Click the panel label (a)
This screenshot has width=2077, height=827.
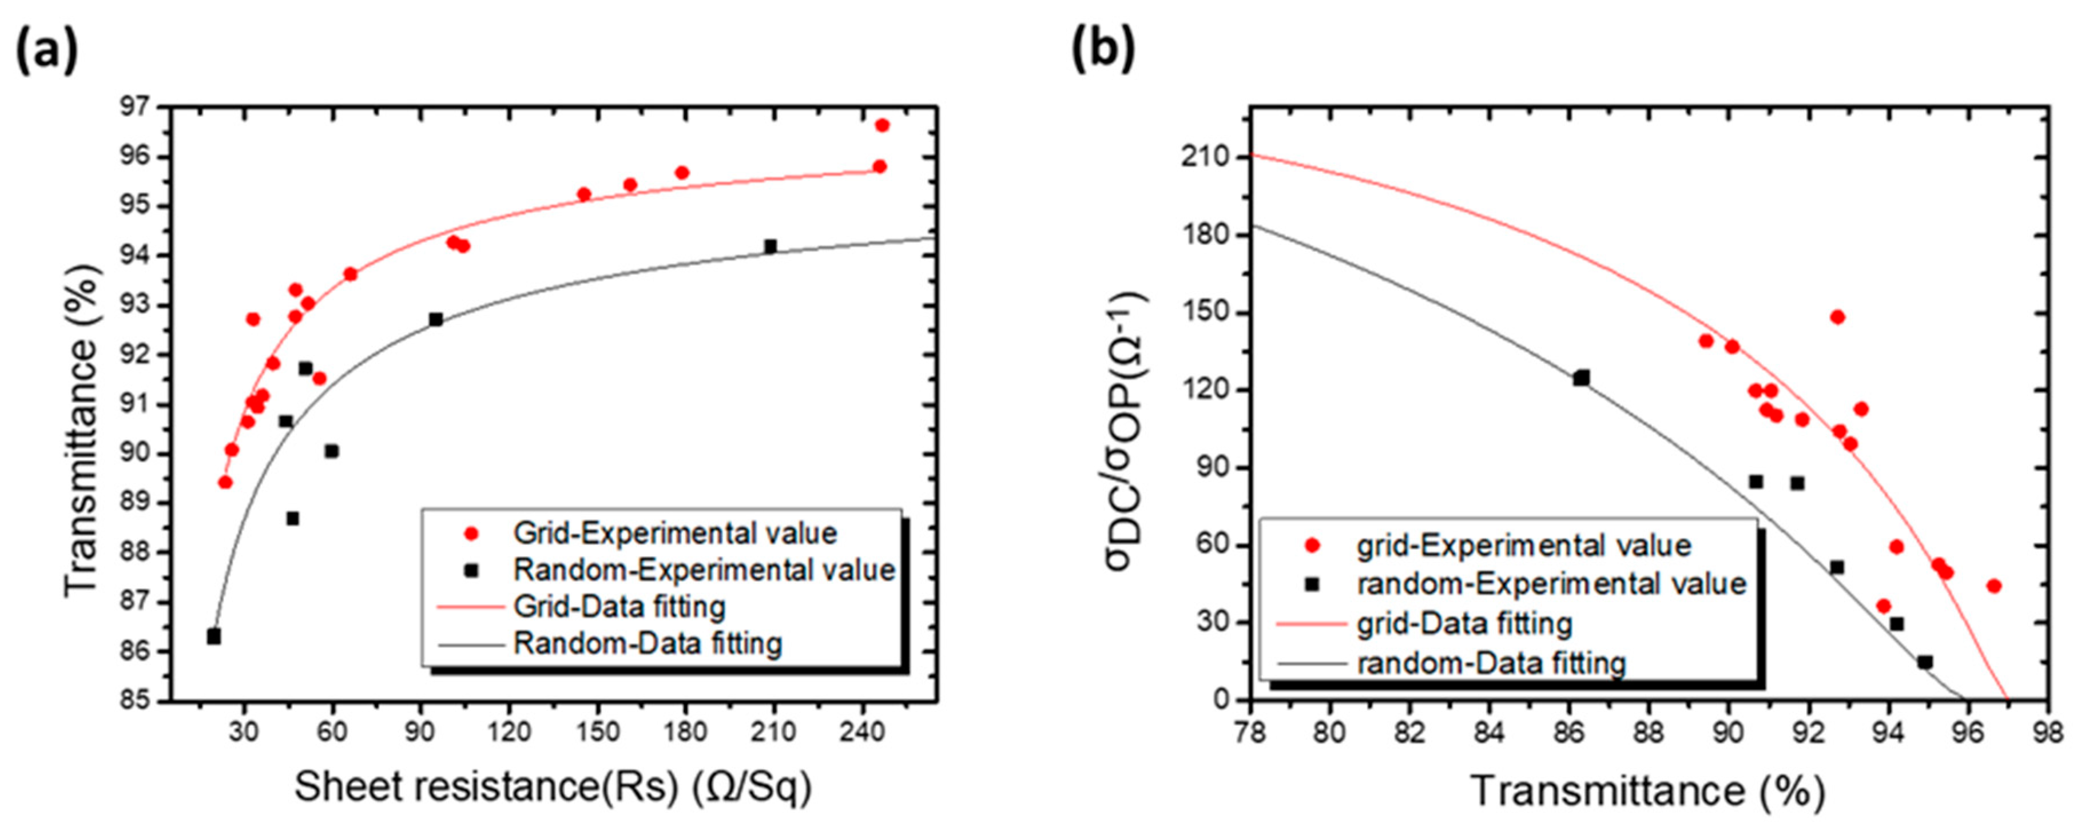pos(47,50)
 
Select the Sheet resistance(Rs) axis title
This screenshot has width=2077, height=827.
pos(553,787)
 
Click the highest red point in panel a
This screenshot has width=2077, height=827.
pos(882,125)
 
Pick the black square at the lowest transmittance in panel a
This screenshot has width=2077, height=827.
pos(214,637)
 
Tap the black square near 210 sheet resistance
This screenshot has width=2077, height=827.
pos(770,246)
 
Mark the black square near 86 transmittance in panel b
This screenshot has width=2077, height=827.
pos(1581,377)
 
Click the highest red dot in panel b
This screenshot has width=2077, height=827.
pos(1837,317)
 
